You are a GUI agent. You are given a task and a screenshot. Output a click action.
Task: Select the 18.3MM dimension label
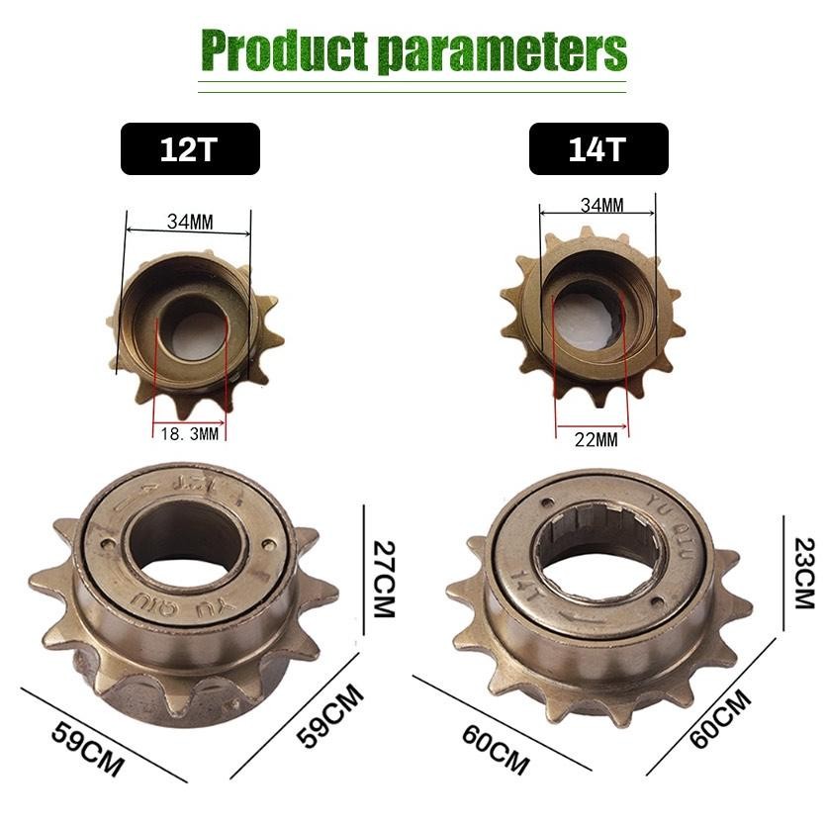(190, 433)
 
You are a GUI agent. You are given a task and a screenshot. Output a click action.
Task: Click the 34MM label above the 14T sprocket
(601, 206)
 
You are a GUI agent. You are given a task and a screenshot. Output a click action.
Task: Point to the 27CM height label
(382, 577)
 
